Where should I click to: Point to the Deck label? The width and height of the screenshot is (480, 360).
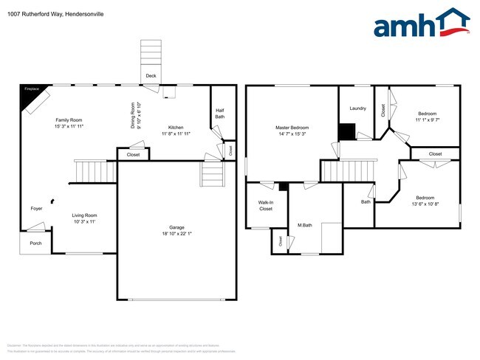151,76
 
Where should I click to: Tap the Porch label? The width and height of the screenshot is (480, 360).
35,243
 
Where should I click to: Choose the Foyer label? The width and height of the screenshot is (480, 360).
36,208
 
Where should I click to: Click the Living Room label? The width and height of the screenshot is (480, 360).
84,215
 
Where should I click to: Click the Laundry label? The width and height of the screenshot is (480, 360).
357,108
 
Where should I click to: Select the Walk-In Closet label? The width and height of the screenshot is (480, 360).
265,205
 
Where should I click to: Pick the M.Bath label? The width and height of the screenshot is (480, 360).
306,225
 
